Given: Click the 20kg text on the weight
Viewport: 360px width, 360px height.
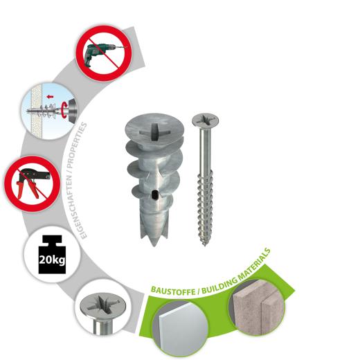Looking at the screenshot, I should tap(52, 262).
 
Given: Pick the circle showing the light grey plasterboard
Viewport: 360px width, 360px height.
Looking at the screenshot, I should tap(183, 330).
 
